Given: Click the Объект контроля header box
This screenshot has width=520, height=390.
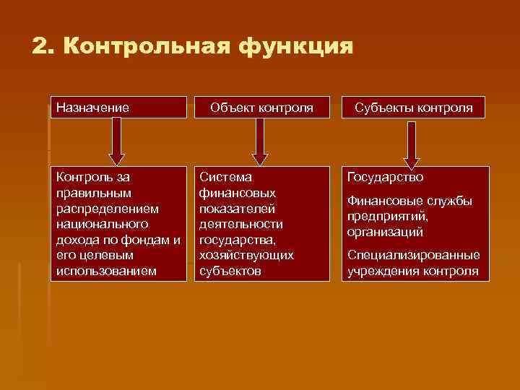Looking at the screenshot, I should coord(261,108).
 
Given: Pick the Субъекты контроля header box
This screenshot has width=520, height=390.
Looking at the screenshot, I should coord(413,108).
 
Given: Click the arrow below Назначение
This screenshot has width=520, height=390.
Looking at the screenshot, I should coord(116,142).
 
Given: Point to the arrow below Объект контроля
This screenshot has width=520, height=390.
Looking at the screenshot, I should coord(260,142).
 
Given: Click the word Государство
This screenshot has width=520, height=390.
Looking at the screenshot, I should coord(385,177).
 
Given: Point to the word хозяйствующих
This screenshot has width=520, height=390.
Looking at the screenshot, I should coord(246,256).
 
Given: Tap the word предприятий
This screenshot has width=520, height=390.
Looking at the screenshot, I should coord(387,217).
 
